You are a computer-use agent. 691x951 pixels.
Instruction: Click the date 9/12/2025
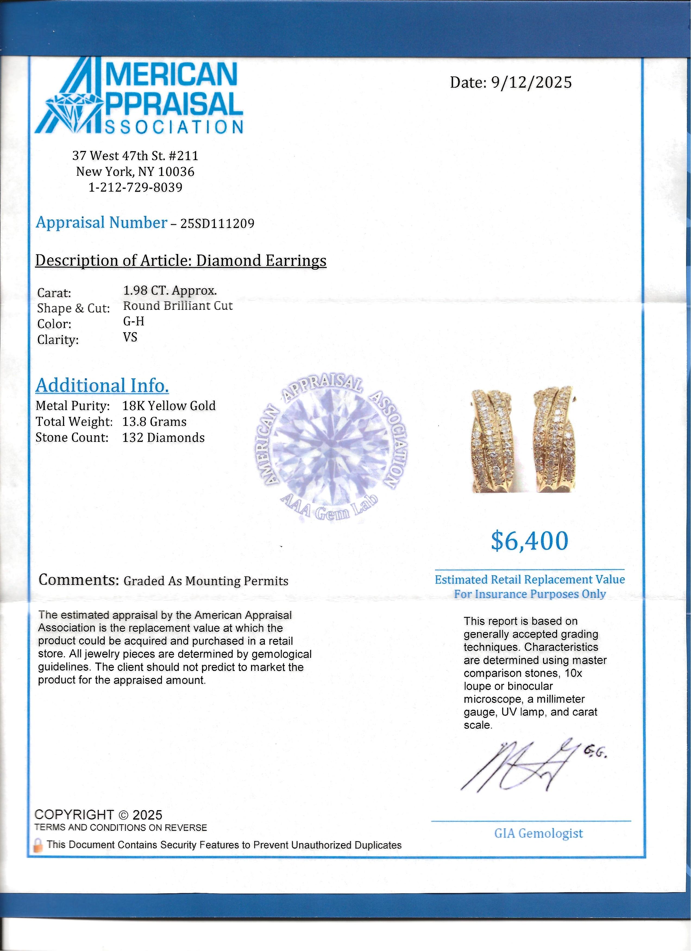tap(531, 82)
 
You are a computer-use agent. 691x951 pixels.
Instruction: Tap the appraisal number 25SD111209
tap(217, 223)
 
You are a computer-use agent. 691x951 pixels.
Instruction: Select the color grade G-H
tap(133, 321)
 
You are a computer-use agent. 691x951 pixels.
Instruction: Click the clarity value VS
tap(130, 337)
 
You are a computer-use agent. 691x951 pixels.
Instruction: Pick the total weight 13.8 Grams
tap(154, 421)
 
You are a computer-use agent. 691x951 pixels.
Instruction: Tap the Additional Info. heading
tap(102, 385)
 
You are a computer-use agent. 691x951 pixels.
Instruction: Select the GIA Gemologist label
tap(538, 833)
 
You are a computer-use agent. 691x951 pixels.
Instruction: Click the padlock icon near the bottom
tap(38, 845)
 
